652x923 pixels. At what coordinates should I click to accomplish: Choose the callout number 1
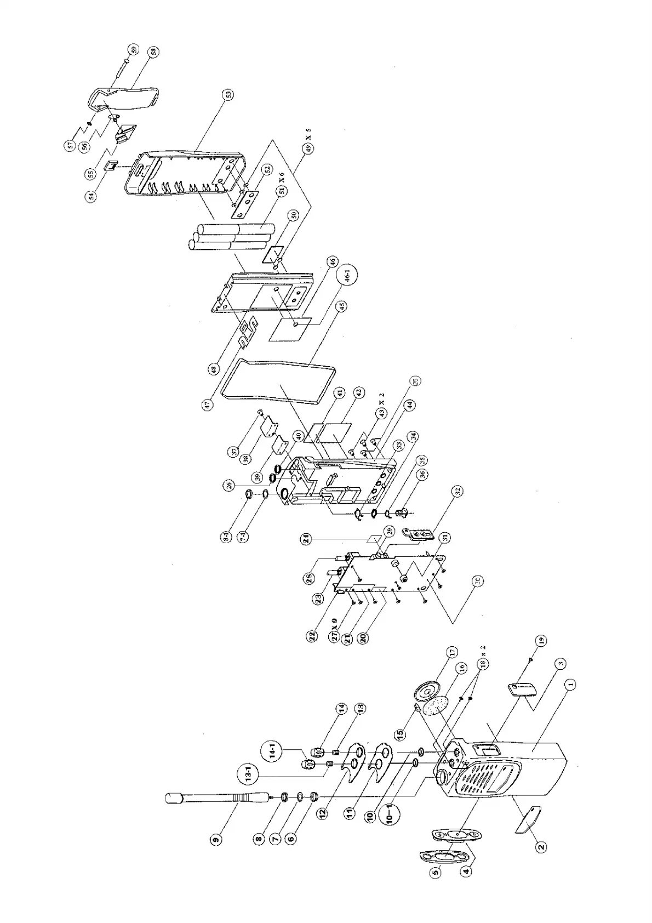570,684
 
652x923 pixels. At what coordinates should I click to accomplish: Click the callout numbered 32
457,491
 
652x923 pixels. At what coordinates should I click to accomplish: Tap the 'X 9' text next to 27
334,625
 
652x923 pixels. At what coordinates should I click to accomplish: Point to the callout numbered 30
478,580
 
